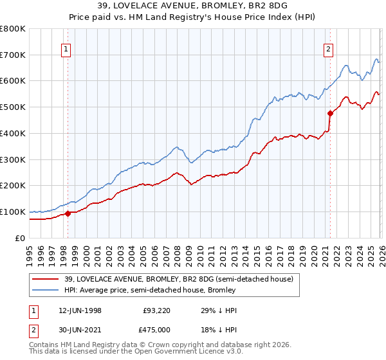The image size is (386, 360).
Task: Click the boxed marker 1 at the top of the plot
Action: pyautogui.click(x=67, y=48)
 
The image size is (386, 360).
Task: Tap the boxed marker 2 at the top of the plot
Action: pyautogui.click(x=329, y=48)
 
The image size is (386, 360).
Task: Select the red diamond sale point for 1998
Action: pyautogui.click(x=68, y=214)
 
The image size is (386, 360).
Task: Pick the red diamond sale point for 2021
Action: pyautogui.click(x=330, y=113)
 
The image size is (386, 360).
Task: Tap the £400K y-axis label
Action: pyautogui.click(x=13, y=134)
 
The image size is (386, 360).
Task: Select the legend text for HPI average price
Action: pyautogui.click(x=150, y=290)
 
